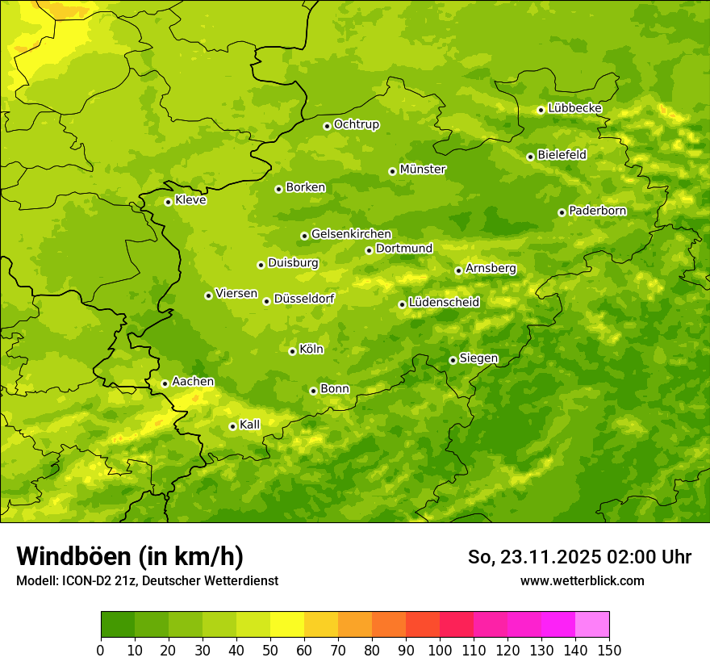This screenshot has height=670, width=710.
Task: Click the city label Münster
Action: click(x=423, y=170)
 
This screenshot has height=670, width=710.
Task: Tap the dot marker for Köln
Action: click(x=292, y=351)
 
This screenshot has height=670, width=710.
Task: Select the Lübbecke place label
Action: click(x=574, y=108)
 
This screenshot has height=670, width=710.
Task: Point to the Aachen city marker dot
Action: click(x=165, y=383)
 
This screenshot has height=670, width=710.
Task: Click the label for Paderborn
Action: click(x=597, y=211)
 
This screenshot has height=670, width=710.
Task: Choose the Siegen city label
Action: click(x=478, y=358)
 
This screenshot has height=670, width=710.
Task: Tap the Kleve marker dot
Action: click(x=168, y=202)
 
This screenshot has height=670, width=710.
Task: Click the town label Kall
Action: click(x=249, y=425)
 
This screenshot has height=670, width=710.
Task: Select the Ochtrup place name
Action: click(x=356, y=124)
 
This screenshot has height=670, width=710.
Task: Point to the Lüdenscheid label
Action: click(x=444, y=303)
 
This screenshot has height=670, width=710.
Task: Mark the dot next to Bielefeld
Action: click(x=530, y=157)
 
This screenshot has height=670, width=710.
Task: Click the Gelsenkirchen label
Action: click(x=351, y=234)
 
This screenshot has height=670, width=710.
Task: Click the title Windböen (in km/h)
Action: click(x=130, y=556)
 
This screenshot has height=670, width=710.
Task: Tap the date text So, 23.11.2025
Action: click(x=533, y=557)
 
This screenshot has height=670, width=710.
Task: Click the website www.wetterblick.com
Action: click(x=582, y=580)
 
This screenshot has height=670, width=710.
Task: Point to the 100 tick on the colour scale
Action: click(x=440, y=651)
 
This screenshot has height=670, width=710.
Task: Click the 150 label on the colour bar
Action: click(x=609, y=651)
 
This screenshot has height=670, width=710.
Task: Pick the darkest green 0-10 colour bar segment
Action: click(x=118, y=625)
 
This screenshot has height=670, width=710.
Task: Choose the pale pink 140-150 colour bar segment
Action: click(x=592, y=625)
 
